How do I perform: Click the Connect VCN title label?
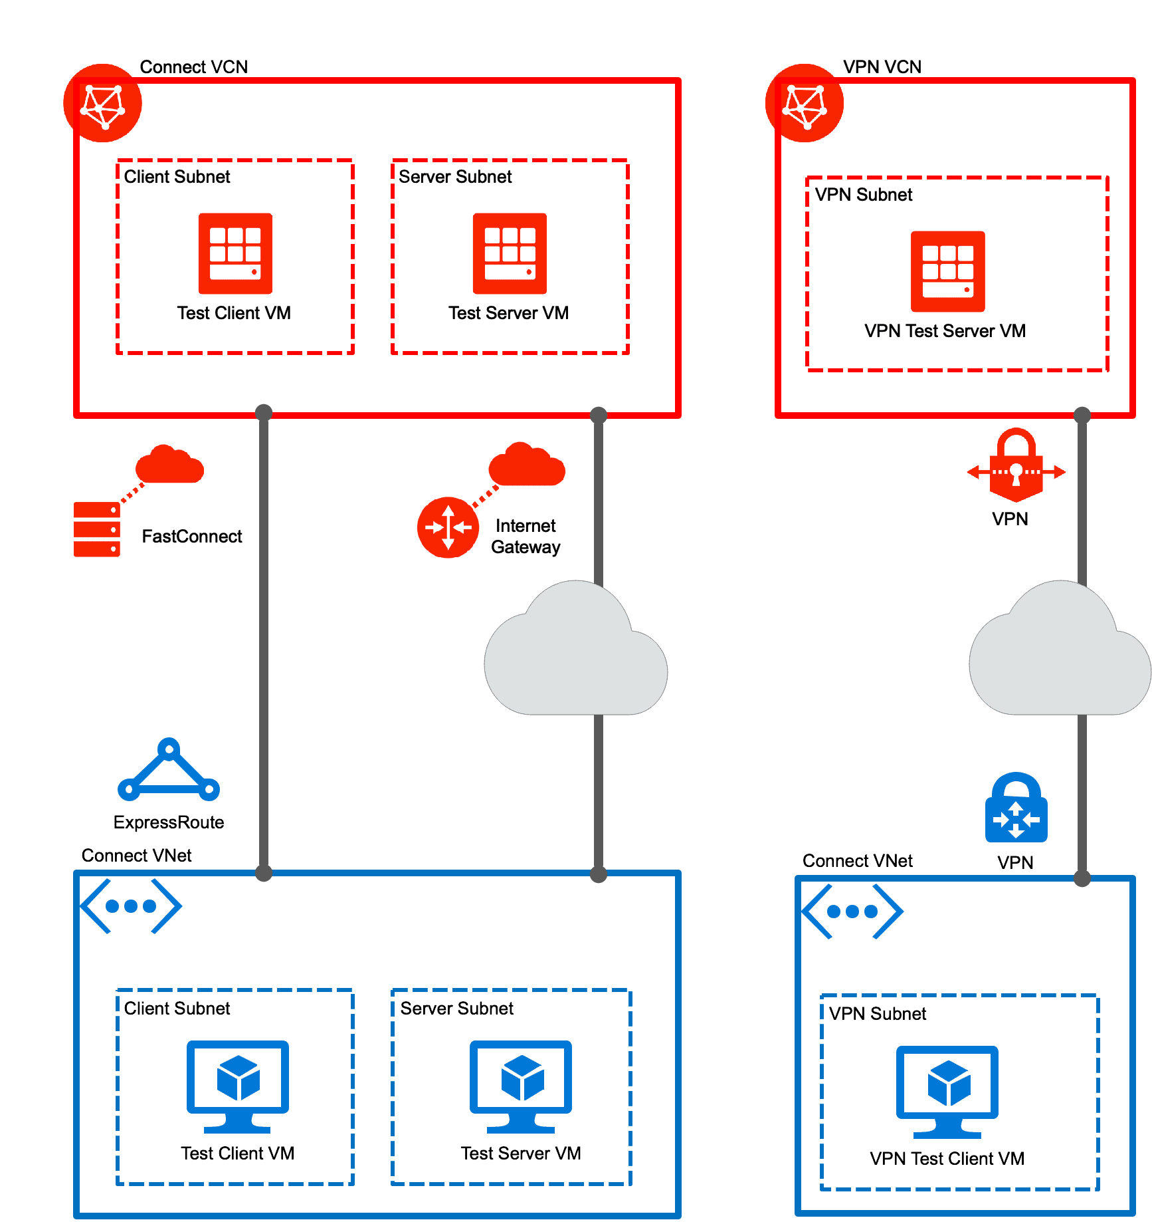click(193, 66)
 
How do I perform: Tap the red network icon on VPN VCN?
click(804, 103)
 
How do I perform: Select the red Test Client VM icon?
click(235, 253)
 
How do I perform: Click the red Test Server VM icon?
click(510, 253)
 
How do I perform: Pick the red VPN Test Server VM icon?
click(947, 271)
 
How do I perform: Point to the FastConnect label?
click(191, 537)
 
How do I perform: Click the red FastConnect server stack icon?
click(96, 529)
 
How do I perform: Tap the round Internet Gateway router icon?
click(448, 527)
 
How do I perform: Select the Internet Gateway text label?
click(526, 537)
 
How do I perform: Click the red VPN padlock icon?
click(1016, 465)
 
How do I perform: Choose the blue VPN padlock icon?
click(1016, 807)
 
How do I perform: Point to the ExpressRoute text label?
click(169, 822)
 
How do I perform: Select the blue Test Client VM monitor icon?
click(237, 1086)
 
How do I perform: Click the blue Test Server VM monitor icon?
click(521, 1086)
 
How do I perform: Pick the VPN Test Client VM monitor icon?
click(947, 1092)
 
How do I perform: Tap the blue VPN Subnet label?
click(877, 1014)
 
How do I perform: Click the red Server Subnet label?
click(455, 177)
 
